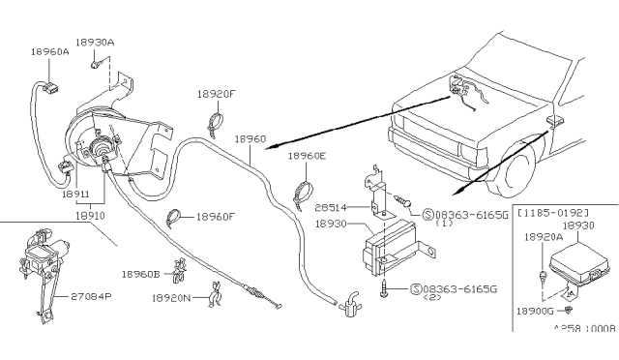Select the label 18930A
point(97,43)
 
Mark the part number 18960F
point(217,218)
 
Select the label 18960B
point(141,274)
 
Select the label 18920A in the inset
point(542,235)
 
